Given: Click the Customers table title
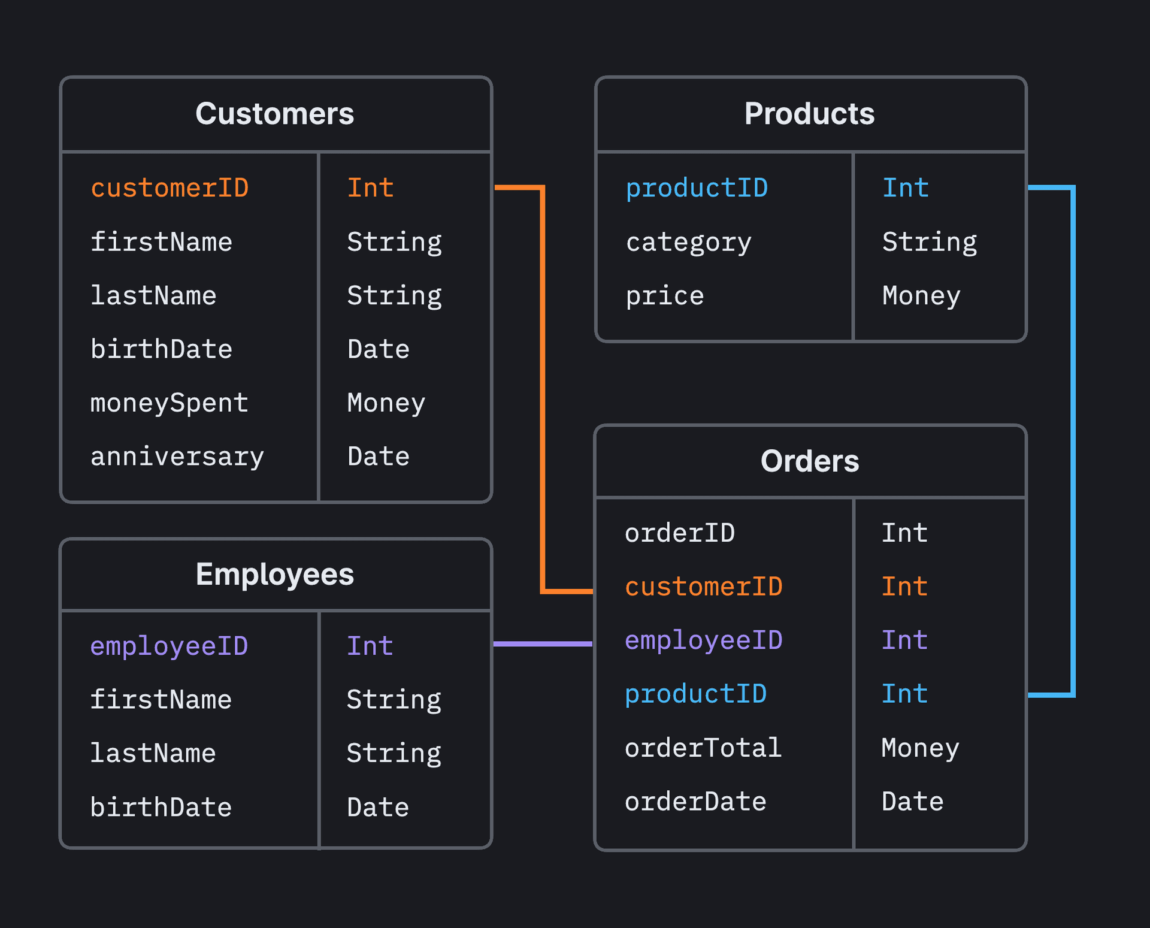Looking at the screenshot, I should [x=274, y=114].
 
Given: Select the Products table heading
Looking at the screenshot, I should [x=809, y=114].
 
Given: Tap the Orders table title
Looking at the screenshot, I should [x=809, y=461].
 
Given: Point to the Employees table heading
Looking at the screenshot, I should [x=274, y=575].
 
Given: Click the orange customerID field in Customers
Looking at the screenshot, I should [x=170, y=188].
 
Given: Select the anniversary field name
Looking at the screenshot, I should [x=177, y=457].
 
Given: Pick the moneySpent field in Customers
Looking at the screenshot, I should [x=169, y=403].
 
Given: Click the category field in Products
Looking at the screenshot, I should [x=688, y=242].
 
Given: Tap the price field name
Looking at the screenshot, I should [x=665, y=296].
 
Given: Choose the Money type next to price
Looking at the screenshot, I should [x=921, y=296].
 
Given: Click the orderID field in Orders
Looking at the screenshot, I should [x=679, y=533].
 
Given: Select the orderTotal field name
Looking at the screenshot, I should [x=703, y=748].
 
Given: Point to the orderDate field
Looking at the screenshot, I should [x=695, y=802].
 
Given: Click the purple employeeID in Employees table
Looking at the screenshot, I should [x=169, y=646].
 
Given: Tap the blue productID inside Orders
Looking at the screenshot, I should [x=695, y=694].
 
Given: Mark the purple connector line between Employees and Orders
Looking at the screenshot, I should [x=542, y=644].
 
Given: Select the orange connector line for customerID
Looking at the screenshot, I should [x=543, y=389].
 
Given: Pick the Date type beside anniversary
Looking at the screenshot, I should [x=378, y=457].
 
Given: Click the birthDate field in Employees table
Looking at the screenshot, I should [x=161, y=808].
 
